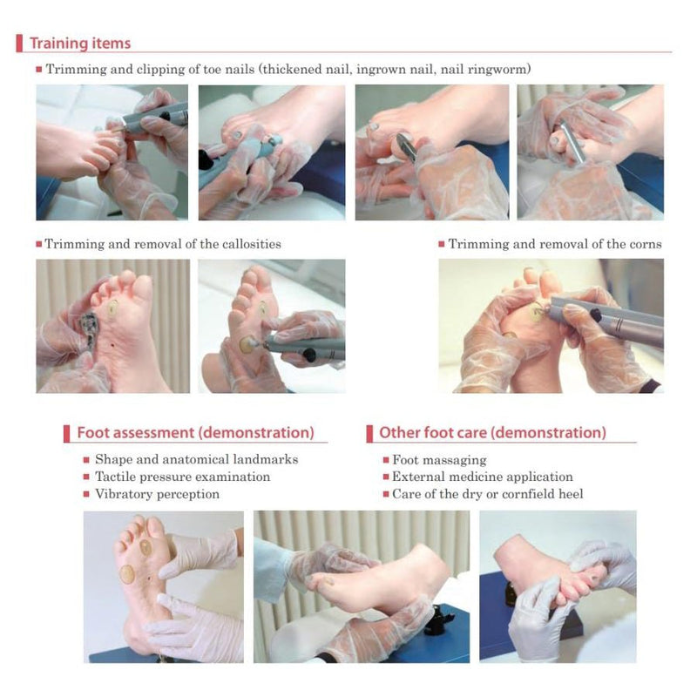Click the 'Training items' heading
(80, 43)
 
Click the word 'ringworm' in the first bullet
(499, 69)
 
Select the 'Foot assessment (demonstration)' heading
(195, 432)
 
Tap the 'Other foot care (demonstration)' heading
(492, 432)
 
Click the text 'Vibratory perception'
(157, 494)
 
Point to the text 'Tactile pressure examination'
(182, 477)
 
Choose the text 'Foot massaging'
(439, 460)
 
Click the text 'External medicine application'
(482, 477)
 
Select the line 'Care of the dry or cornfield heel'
(487, 494)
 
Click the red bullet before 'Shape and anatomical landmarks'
(86, 460)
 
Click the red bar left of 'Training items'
(19, 43)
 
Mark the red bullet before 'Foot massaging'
(384, 460)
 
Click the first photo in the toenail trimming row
(112, 152)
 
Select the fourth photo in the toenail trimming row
(590, 152)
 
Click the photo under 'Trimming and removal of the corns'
(550, 325)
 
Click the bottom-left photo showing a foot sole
(163, 586)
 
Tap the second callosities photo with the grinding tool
(271, 325)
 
